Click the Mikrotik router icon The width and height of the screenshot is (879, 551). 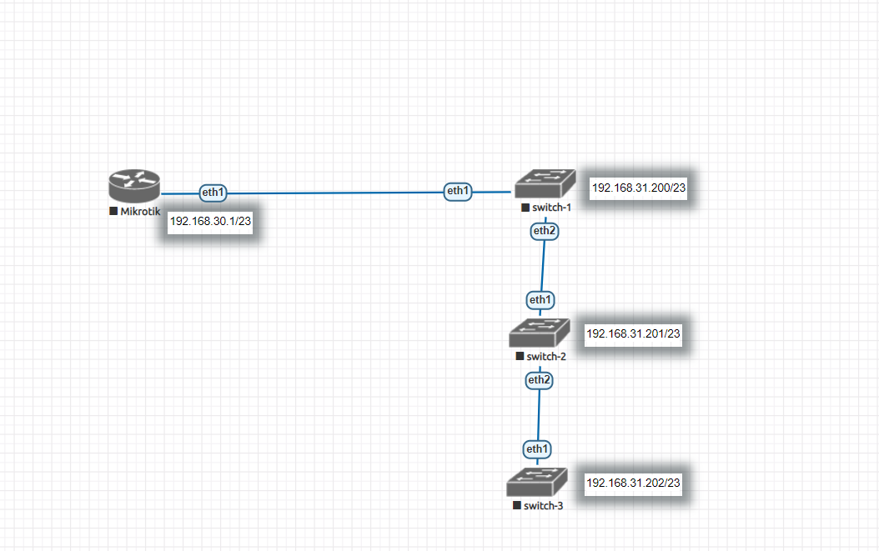pyautogui.click(x=133, y=186)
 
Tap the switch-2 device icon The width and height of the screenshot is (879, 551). pyautogui.click(x=540, y=333)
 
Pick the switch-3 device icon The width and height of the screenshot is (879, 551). pyautogui.click(x=536, y=483)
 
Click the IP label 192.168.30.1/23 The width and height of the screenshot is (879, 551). pyautogui.click(x=210, y=221)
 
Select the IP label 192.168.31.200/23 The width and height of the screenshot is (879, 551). pyautogui.click(x=639, y=188)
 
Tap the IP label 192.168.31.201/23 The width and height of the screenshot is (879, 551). pyautogui.click(x=634, y=333)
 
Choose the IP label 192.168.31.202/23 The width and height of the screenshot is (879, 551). pyautogui.click(x=634, y=483)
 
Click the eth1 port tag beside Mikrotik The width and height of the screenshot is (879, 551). pyautogui.click(x=213, y=193)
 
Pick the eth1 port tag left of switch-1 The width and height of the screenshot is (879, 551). pyautogui.click(x=458, y=191)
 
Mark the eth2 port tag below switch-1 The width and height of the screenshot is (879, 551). pyautogui.click(x=545, y=230)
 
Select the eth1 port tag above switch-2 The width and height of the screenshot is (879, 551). pyautogui.click(x=540, y=299)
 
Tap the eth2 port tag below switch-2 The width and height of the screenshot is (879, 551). pyautogui.click(x=540, y=380)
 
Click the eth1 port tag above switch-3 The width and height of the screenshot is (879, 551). pyautogui.click(x=537, y=449)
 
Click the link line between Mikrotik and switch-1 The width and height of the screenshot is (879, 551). pyautogui.click(x=334, y=193)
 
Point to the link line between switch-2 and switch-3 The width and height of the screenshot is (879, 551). pyautogui.click(x=538, y=415)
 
